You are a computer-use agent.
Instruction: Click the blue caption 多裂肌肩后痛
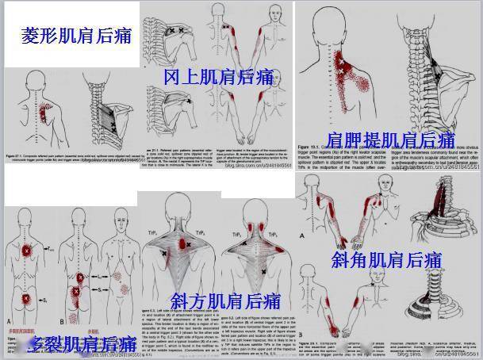pyautogui.click(x=79, y=343)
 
